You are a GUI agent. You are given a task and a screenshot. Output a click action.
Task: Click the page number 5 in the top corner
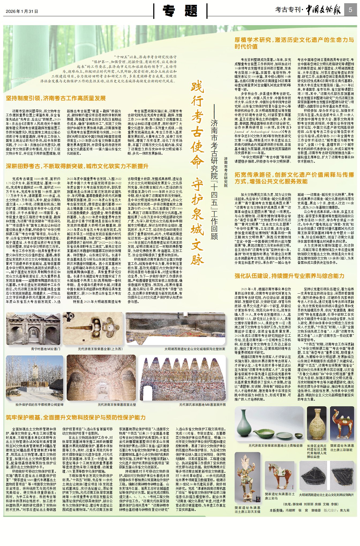350,10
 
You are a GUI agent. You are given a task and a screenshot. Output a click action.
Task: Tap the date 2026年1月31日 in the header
22,11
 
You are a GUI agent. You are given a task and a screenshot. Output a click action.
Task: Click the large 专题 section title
180,11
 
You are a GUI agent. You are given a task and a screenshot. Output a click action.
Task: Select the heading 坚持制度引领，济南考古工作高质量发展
56,98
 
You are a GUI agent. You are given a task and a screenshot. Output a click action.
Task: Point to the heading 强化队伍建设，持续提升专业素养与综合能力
289,276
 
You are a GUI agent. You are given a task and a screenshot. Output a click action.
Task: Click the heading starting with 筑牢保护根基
76,417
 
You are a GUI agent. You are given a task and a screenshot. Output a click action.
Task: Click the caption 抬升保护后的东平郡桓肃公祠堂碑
39,404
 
